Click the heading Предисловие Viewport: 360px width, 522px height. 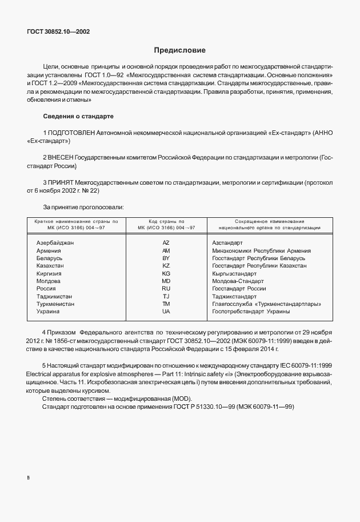click(179, 50)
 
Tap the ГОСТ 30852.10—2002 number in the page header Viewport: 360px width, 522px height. click(58, 31)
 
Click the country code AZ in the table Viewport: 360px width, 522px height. click(166, 242)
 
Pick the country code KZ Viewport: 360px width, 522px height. click(166, 266)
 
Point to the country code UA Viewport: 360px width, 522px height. click(166, 312)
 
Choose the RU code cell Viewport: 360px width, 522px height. click(166, 289)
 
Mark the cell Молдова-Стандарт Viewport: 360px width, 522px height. click(238, 281)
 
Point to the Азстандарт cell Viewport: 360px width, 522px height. click(227, 242)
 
